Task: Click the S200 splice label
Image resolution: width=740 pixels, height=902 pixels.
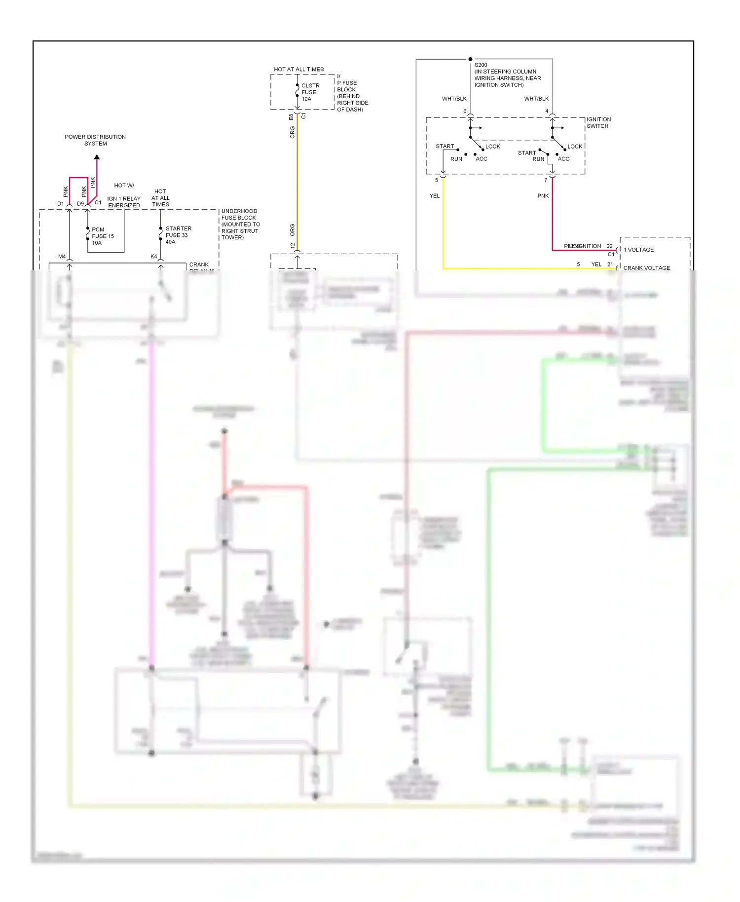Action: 481,65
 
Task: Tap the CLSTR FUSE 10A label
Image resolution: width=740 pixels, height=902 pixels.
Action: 310,92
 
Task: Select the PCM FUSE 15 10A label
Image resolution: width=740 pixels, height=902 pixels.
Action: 102,236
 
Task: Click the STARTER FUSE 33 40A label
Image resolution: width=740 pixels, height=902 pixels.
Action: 178,235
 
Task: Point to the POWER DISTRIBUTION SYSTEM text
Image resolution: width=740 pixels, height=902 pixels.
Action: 95,140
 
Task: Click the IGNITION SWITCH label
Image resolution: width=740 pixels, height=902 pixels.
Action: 598,123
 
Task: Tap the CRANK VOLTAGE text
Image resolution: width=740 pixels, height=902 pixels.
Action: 646,268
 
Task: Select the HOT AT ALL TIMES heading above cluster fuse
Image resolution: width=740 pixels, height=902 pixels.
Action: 299,70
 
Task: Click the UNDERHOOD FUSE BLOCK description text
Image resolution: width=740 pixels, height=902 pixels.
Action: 240,224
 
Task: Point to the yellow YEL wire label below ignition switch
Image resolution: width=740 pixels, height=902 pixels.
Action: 434,196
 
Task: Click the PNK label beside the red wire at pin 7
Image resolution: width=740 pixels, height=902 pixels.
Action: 543,196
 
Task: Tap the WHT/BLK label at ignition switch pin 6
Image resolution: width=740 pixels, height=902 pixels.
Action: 454,99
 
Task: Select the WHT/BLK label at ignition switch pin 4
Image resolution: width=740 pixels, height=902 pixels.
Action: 536,99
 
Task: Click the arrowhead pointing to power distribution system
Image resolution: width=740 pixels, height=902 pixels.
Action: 97,157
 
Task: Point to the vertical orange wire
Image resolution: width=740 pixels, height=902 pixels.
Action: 297,183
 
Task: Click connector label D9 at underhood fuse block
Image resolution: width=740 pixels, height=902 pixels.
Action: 80,204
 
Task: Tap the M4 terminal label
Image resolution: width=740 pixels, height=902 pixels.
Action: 62,257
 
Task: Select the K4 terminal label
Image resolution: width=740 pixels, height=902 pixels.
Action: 153,257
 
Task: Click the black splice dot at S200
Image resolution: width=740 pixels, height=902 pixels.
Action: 470,59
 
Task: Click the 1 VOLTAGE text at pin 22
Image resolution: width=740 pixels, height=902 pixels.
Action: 638,250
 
